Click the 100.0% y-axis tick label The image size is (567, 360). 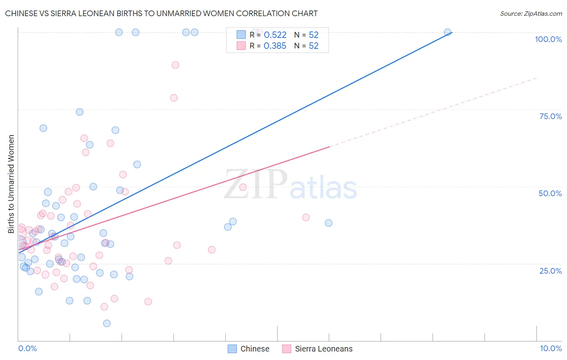[x=548, y=39]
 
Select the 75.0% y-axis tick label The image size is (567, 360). [x=550, y=116]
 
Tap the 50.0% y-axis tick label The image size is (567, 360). [x=550, y=193]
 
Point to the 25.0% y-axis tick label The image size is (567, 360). [x=550, y=271]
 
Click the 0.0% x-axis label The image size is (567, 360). [x=27, y=348]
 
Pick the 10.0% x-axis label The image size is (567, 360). [x=550, y=348]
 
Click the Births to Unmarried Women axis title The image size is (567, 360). [x=11, y=184]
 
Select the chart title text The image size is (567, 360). [x=161, y=13]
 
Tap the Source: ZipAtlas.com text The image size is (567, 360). [x=531, y=13]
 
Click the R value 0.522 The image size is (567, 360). [x=275, y=35]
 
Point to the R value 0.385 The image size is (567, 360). [x=275, y=46]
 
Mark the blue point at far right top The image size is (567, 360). [x=447, y=32]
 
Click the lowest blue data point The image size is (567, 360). [x=107, y=323]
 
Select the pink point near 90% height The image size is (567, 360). [x=175, y=65]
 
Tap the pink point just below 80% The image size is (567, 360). [x=174, y=98]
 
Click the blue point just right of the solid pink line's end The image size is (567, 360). [x=329, y=223]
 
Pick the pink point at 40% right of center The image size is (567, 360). [x=306, y=218]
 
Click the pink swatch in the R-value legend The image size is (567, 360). [x=241, y=46]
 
